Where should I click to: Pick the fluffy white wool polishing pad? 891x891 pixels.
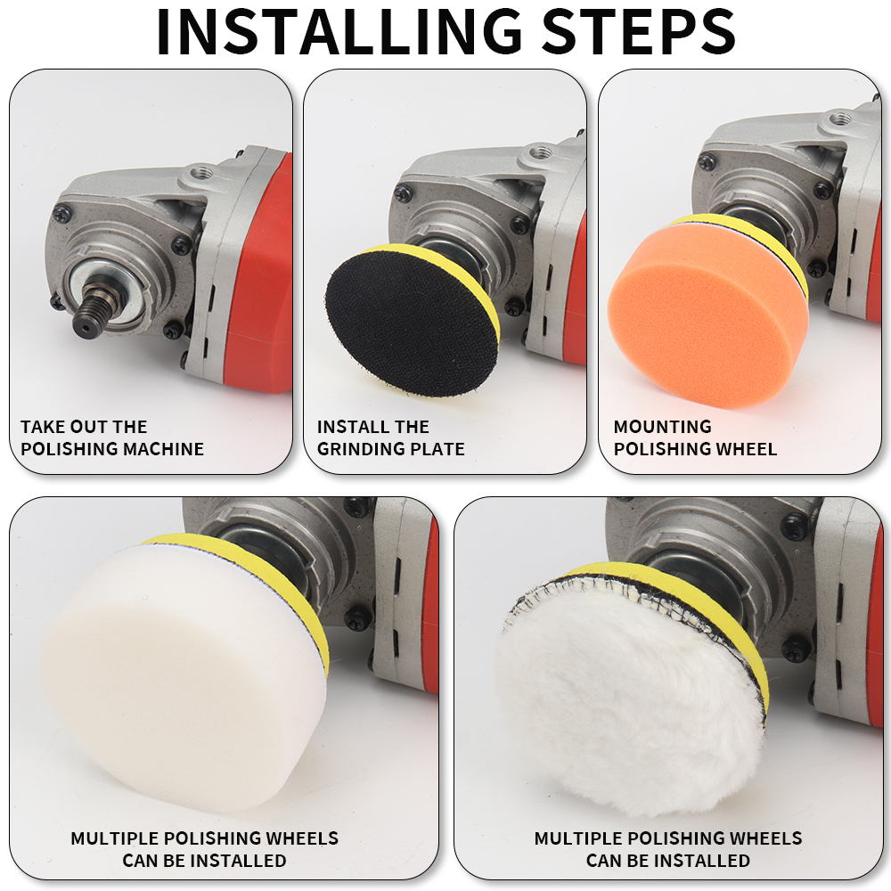630,699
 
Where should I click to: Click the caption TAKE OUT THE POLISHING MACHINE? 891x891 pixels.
112,437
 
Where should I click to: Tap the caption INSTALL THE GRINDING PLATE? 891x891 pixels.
390,437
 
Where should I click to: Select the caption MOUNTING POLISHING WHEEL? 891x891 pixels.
695,437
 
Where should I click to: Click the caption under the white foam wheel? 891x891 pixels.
205,849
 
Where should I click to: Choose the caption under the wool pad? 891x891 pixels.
668,849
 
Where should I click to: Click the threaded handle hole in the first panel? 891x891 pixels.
200,170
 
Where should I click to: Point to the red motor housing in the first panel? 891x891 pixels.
261,273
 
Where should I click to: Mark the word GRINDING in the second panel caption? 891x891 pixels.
361,449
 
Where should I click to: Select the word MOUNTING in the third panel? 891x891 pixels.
663,427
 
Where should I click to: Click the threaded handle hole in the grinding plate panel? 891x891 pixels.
535,153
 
